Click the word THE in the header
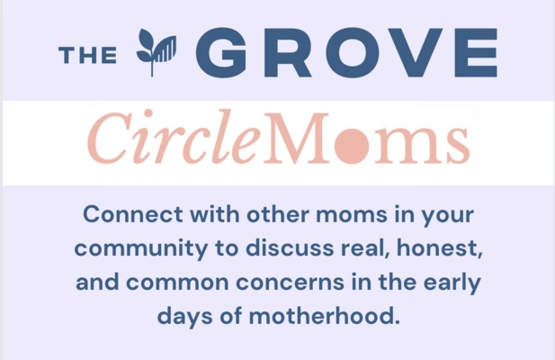(x=88, y=55)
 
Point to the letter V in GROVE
(x=403, y=53)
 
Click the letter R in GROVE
(x=286, y=53)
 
